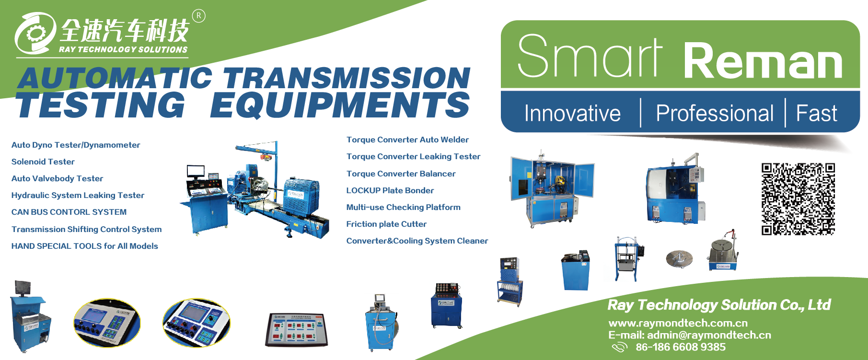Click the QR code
point(798,199)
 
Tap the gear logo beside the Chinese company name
point(35,33)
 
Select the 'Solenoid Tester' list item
point(43,162)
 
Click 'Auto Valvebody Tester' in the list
point(57,178)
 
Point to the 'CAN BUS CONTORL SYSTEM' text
point(69,212)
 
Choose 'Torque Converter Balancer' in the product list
point(401,174)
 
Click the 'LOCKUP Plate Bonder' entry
point(390,190)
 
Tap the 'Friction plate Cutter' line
point(386,224)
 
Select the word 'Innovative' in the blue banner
point(572,113)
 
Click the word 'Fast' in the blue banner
point(816,113)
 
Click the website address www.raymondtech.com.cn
point(678,323)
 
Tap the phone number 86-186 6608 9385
point(681,347)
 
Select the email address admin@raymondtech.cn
point(709,335)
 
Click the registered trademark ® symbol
point(198,16)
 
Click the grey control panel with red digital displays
point(297,329)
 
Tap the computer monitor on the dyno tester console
point(196,171)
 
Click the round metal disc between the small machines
point(679,259)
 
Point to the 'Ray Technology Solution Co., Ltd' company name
point(719,305)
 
